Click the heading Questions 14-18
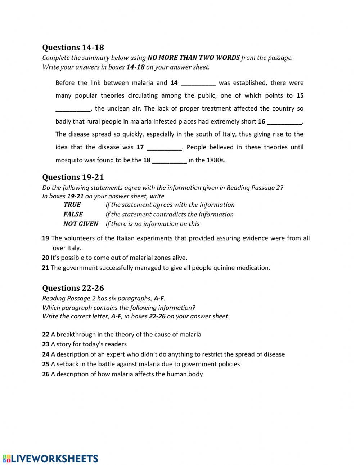tap(73, 48)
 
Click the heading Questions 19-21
tap(73, 177)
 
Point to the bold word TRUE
tap(72, 205)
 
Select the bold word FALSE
tap(73, 214)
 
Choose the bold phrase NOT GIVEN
tap(81, 224)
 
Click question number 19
tap(45, 238)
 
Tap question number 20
tap(45, 258)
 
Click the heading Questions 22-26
tap(73, 288)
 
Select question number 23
tap(45, 344)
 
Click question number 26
tap(45, 374)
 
